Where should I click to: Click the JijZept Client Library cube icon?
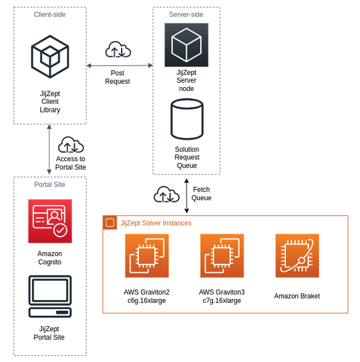point(50,57)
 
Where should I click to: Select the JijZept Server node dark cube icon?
point(186,45)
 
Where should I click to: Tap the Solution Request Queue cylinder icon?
point(186,119)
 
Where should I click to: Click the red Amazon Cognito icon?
point(50,221)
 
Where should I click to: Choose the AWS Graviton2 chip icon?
point(146,256)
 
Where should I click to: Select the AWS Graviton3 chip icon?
point(222,256)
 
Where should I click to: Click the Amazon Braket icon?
point(297,256)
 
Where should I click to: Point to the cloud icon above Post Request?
point(118,49)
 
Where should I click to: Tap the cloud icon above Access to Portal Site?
point(71,145)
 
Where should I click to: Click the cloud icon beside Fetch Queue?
point(166,195)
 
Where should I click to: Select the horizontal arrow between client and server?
point(119,65)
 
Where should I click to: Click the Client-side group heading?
point(50,14)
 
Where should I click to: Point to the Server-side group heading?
point(186,14)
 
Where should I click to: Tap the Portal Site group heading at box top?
point(50,184)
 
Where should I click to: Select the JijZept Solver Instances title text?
point(156,223)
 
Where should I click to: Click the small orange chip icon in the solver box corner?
point(110,222)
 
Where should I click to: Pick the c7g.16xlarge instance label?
point(222,301)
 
